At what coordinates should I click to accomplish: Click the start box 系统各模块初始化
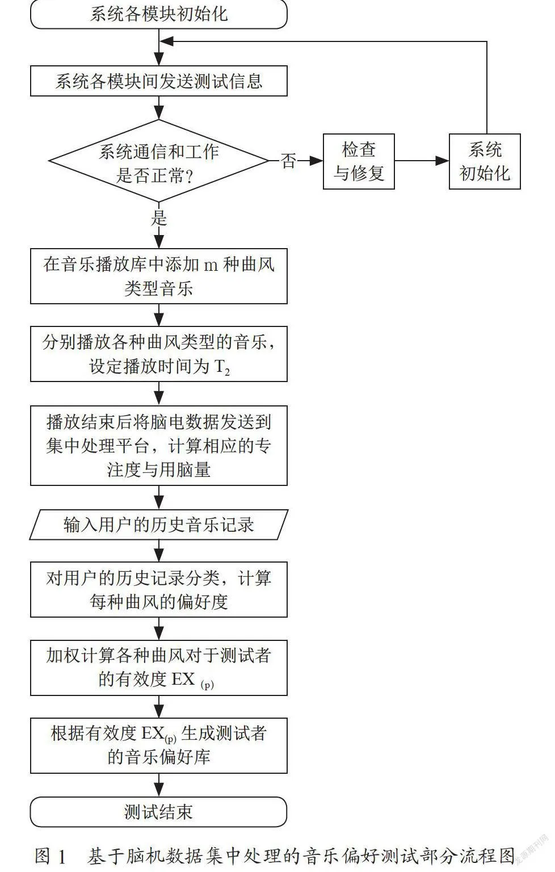pos(159,14)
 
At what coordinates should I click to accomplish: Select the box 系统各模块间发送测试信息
pos(159,81)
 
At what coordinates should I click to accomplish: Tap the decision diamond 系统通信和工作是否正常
pos(159,161)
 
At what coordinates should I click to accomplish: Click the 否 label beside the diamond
pos(288,161)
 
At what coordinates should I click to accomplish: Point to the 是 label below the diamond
pos(159,218)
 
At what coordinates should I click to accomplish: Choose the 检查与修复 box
pos(359,162)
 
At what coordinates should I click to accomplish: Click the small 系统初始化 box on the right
pos(485,162)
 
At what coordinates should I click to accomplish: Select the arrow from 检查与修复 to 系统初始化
pos(422,161)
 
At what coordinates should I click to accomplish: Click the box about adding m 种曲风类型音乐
pos(159,276)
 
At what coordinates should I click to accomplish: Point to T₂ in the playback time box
pos(222,367)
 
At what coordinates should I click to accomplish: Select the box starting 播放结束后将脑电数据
pos(159,446)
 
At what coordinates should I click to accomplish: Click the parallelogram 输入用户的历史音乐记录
pos(159,525)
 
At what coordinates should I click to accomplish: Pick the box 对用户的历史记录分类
pos(159,589)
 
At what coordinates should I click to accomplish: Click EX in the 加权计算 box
pos(183,680)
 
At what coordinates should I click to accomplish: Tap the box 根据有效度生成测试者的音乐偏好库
pos(159,745)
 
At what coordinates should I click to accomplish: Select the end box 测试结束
pos(159,812)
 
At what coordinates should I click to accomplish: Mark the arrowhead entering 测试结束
pos(159,791)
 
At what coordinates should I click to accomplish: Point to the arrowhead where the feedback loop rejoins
pos(166,41)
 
